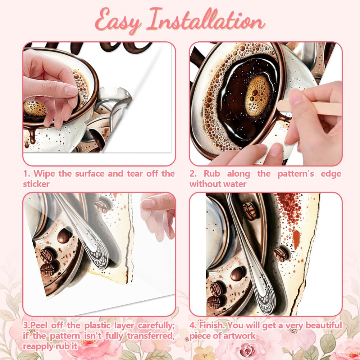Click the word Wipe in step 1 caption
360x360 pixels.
pyautogui.click(x=44, y=174)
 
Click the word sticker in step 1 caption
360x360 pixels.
pyautogui.click(x=36, y=184)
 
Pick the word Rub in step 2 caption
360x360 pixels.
pyautogui.click(x=212, y=174)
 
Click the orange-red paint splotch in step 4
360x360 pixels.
pyautogui.click(x=296, y=240)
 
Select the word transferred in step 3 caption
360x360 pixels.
pyautogui.click(x=151, y=336)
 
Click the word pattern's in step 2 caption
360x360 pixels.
pyautogui.click(x=296, y=174)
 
